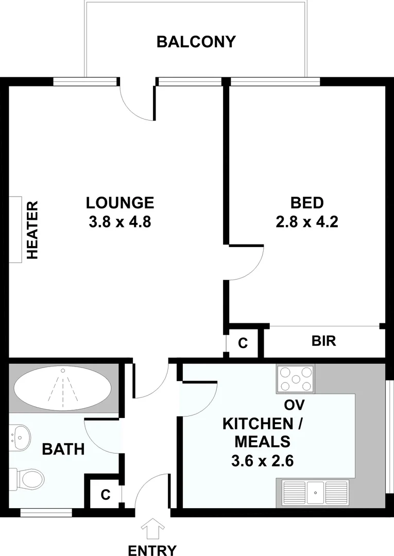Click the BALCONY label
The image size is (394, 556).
(196, 42)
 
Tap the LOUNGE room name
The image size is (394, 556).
(120, 203)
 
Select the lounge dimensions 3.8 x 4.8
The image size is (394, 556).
(120, 222)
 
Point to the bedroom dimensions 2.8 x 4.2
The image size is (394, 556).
(307, 222)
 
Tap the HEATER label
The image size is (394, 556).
(32, 230)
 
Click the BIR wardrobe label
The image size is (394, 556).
(324, 341)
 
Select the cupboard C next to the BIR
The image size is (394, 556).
(243, 343)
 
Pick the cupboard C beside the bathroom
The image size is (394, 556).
(106, 495)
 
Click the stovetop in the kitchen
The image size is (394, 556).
(296, 379)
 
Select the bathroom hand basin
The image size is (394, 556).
(20, 437)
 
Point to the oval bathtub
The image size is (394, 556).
(63, 389)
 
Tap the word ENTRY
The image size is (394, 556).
(152, 550)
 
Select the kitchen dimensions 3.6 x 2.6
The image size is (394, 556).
(263, 461)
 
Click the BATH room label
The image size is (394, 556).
(63, 449)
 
